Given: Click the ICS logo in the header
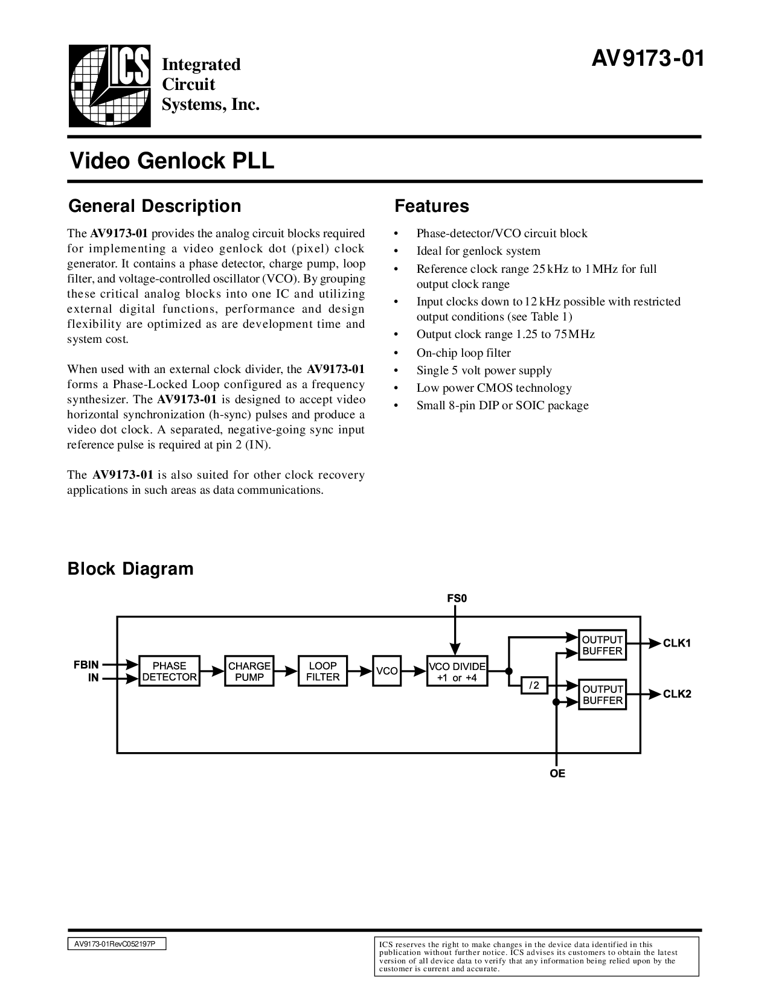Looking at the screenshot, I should coord(109,86).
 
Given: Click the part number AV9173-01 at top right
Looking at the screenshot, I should coord(647,59).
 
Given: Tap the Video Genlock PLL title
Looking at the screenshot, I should coord(172,161).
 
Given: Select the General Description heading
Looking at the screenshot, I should coord(155,206).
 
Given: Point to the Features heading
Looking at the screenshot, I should coord(431,206).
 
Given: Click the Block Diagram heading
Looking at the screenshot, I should coord(130,569).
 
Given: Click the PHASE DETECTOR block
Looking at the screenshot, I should coord(169,671).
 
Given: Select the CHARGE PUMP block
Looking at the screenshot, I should coord(249,671).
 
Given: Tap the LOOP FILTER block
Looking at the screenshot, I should coord(323,671).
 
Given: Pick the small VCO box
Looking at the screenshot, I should coord(387,671).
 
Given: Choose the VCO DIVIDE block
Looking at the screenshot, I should coord(457,671).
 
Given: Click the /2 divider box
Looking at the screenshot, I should coord(534,686).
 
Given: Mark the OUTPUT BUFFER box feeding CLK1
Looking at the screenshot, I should coord(602,645).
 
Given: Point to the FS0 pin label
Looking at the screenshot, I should coord(457,599).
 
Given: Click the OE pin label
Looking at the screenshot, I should coord(557,773).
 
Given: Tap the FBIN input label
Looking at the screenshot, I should coord(86,665).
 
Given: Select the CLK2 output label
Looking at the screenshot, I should coord(677,694).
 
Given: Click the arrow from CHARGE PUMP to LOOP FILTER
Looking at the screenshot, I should coord(287,671).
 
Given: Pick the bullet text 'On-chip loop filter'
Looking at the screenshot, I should coord(463,353).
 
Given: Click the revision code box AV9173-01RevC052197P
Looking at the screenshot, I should coord(116,944).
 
